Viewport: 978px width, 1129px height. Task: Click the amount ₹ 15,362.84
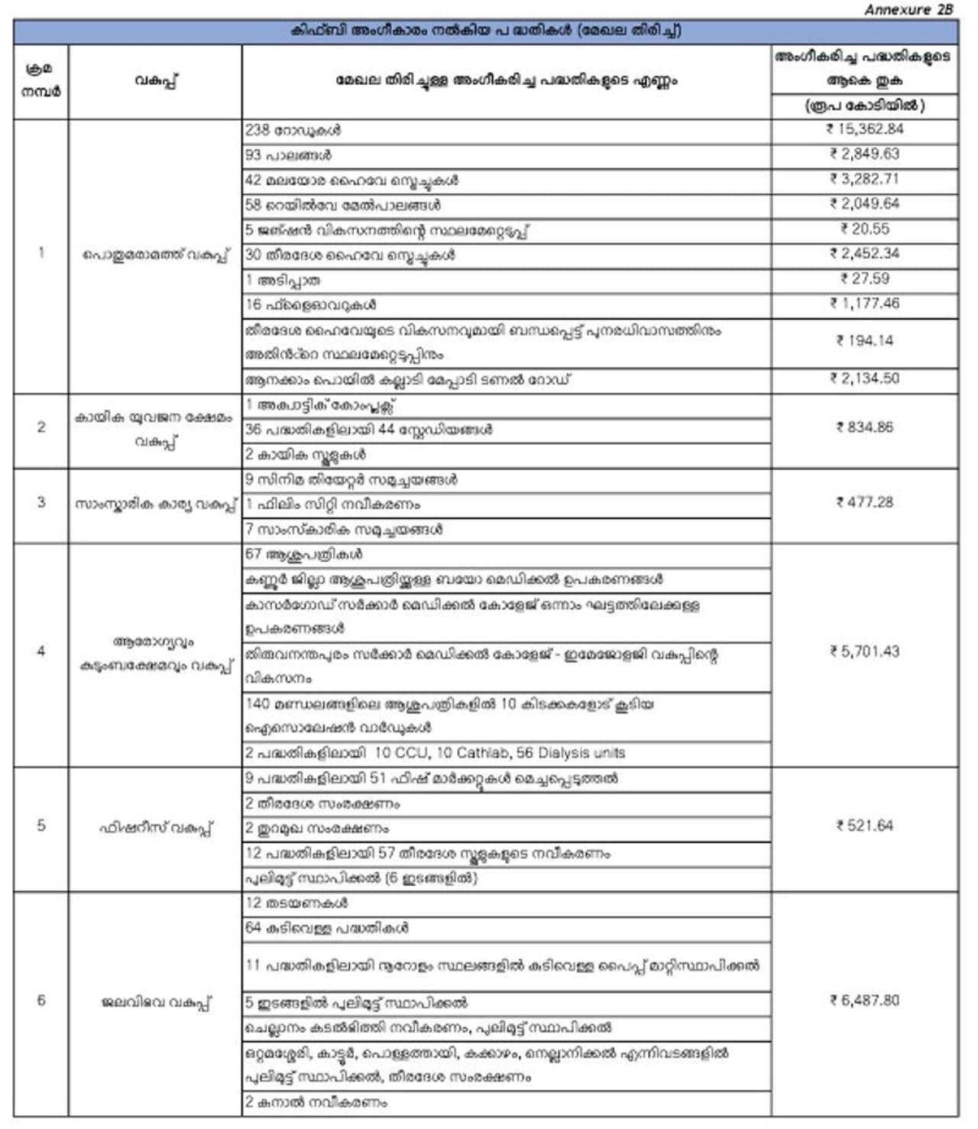[864, 129]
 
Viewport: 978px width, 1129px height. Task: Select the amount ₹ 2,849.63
[864, 154]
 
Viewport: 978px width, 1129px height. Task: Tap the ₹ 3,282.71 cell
[864, 179]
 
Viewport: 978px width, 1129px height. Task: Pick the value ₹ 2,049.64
[864, 204]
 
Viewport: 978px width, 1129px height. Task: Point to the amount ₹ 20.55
[864, 229]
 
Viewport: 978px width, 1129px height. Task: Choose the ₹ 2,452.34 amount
[864, 254]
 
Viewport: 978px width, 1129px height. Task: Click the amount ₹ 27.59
[864, 279]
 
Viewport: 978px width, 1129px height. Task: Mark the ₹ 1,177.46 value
[864, 303]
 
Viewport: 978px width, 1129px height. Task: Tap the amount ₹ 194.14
[864, 341]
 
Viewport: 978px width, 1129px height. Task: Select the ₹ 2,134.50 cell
[864, 378]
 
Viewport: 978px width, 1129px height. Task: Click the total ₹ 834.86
[864, 428]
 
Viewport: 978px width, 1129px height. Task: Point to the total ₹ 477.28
[864, 503]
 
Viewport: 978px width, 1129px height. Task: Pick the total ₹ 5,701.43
[864, 652]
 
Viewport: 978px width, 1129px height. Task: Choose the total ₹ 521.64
[864, 826]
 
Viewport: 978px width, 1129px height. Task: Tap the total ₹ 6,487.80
[864, 1001]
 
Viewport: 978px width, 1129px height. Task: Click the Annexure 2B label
[908, 10]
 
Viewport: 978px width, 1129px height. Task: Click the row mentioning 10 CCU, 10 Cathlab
[435, 754]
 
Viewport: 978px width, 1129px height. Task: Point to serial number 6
[41, 1001]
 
